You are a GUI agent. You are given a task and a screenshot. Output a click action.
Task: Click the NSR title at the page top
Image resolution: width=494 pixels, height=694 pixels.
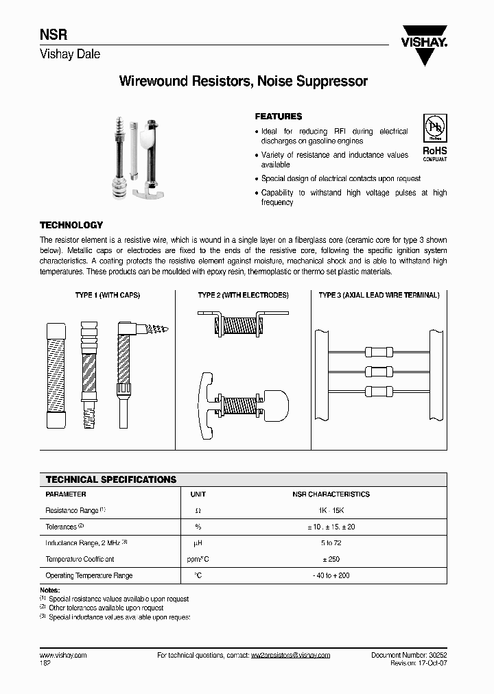pyautogui.click(x=51, y=36)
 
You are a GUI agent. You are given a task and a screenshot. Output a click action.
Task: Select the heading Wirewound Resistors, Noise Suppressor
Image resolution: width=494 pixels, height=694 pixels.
pyautogui.click(x=244, y=82)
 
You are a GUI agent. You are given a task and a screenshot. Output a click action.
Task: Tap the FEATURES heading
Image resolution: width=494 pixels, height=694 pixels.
pyautogui.click(x=279, y=117)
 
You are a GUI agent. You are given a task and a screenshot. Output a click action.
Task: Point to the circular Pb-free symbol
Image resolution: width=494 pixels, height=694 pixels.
pyautogui.click(x=434, y=130)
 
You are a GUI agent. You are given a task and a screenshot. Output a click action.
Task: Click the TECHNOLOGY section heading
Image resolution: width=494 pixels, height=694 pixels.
pyautogui.click(x=71, y=225)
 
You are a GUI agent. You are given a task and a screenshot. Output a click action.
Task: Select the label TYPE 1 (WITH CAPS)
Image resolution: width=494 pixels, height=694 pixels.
pyautogui.click(x=106, y=295)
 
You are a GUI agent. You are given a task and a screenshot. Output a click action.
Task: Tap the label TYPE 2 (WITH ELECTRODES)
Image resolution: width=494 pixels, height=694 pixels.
pyautogui.click(x=243, y=295)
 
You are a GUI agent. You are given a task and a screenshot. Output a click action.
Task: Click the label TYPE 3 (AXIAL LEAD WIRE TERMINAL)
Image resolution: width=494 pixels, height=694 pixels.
pyautogui.click(x=379, y=295)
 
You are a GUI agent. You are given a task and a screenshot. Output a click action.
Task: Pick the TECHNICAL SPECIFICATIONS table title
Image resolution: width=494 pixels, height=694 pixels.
pyautogui.click(x=110, y=479)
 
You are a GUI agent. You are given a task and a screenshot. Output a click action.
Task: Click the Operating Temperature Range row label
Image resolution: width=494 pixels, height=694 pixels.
pyautogui.click(x=89, y=575)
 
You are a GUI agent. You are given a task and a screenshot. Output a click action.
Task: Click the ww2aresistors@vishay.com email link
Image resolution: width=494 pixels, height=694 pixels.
pyautogui.click(x=290, y=655)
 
